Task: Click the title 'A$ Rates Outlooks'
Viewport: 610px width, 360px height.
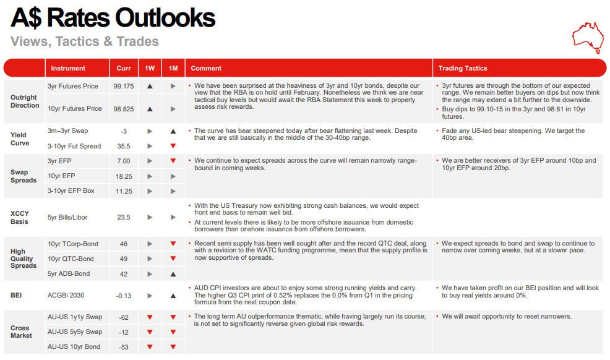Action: (113, 18)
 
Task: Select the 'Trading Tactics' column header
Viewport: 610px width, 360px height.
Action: (463, 68)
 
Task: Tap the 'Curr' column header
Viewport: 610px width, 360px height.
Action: (124, 68)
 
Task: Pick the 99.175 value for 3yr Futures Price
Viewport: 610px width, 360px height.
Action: (124, 87)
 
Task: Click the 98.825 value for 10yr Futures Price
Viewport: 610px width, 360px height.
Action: (124, 109)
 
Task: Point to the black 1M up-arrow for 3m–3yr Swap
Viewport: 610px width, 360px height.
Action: (173, 131)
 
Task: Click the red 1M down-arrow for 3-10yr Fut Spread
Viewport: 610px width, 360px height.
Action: (173, 147)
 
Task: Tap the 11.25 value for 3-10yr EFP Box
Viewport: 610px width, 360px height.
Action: (124, 191)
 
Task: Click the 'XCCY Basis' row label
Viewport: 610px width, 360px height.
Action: (20, 217)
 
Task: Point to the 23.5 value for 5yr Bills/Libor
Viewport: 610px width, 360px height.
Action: (124, 217)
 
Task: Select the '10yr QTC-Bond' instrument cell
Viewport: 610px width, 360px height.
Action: (71, 259)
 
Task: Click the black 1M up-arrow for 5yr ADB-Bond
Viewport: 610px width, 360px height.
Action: (173, 273)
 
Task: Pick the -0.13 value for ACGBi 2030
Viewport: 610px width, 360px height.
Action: (124, 296)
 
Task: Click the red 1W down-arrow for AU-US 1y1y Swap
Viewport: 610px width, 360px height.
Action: (149, 317)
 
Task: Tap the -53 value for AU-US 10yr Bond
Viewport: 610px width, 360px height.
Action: (124, 347)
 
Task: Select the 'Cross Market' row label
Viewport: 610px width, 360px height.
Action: (21, 332)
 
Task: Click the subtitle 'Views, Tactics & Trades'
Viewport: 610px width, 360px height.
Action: (85, 41)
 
